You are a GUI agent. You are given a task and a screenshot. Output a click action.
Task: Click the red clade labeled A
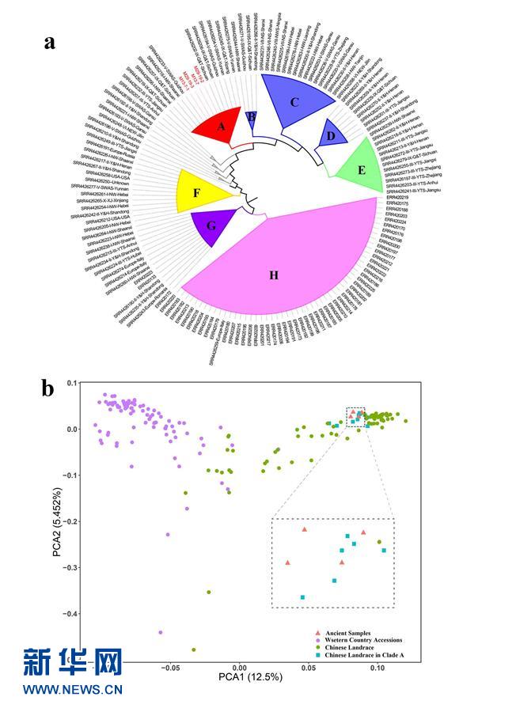221,126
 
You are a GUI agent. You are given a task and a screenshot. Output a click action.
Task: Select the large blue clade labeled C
294,102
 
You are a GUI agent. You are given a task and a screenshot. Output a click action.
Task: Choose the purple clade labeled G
211,225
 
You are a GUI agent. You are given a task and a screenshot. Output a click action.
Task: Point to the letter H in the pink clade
275,275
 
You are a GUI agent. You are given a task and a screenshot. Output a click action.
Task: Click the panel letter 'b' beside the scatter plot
48,388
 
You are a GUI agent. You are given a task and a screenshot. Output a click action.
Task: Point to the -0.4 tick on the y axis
76,614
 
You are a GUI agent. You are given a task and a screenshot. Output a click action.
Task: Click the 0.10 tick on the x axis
378,668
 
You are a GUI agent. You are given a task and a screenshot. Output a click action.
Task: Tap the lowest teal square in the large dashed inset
302,597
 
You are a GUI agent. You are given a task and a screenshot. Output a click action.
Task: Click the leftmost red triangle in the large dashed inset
288,562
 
